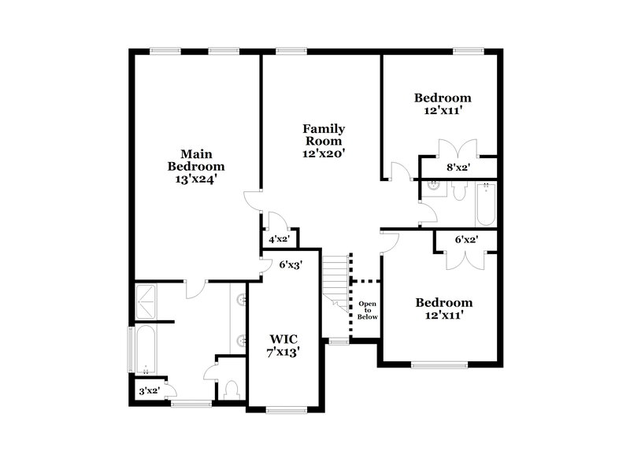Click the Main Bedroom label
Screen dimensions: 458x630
coord(195,160)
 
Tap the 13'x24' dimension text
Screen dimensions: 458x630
coord(195,179)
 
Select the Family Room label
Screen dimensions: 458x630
coord(324,135)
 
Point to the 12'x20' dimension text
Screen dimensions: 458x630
coord(324,153)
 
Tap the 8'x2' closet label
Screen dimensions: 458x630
coord(458,168)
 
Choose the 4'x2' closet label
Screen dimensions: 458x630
coord(279,238)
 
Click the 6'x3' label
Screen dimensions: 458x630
coord(291,264)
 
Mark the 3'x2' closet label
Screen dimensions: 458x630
coord(149,390)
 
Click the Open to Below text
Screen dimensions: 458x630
coord(368,310)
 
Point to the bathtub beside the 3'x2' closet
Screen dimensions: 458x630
coord(146,349)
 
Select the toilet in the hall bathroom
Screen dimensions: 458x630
coord(460,192)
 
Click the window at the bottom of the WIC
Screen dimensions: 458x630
coord(283,409)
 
